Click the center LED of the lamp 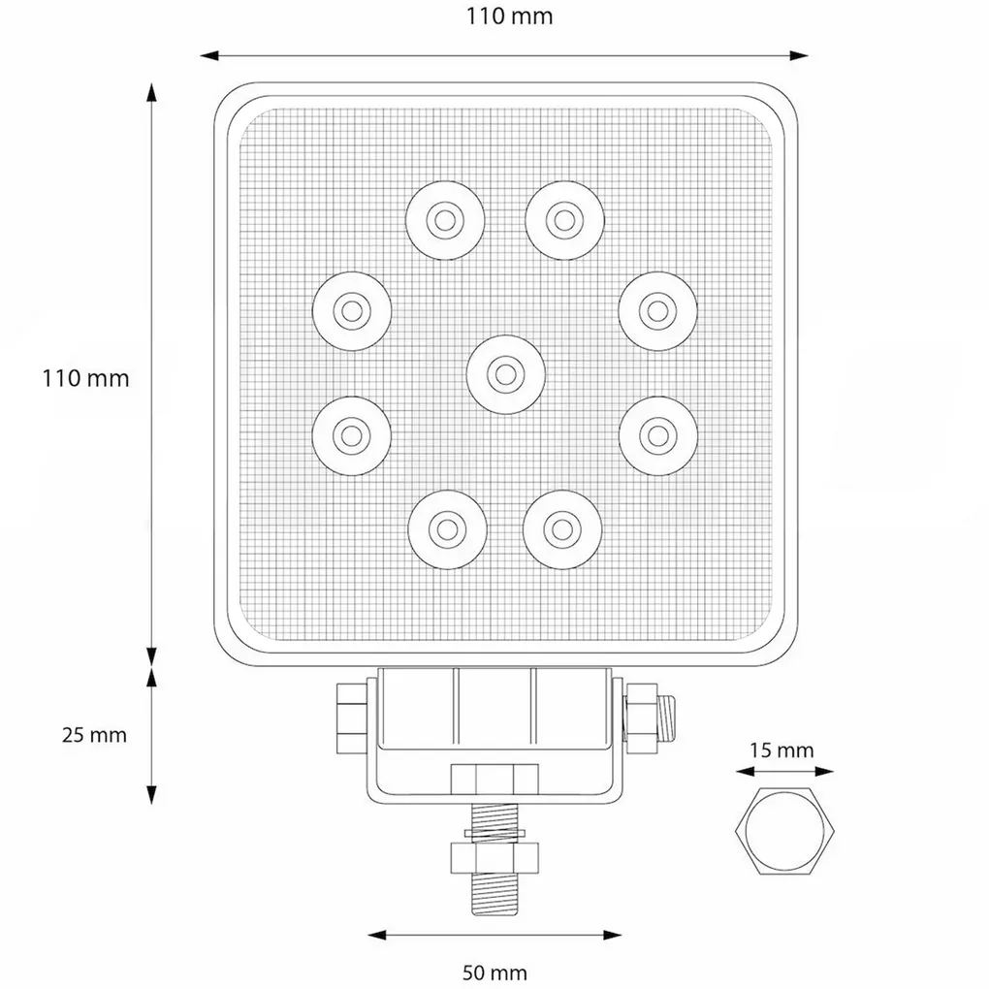[x=502, y=373]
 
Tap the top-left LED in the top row [x=444, y=219]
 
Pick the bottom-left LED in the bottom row [x=446, y=527]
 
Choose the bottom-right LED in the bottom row [x=560, y=527]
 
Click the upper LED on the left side [x=351, y=311]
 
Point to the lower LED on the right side [x=658, y=433]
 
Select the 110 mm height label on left [x=85, y=378]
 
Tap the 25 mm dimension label [x=94, y=735]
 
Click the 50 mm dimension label [x=495, y=972]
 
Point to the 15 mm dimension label [x=782, y=750]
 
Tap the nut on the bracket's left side [x=351, y=717]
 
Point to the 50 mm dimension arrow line [x=495, y=935]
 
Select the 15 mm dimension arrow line [x=784, y=773]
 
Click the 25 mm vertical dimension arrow [x=152, y=735]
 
